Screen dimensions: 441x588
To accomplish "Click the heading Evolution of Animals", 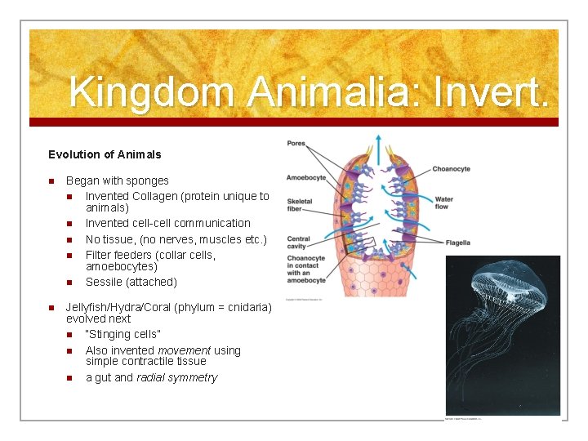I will point(105,154).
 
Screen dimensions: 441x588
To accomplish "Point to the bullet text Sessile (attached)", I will point(131,282).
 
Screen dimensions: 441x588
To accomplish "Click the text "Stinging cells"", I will point(123,334).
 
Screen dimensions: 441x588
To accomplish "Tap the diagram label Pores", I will point(296,144).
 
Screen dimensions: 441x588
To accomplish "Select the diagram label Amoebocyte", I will point(306,177).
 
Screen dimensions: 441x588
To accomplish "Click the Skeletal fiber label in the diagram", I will point(300,205).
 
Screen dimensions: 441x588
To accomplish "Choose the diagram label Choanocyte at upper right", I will point(451,169).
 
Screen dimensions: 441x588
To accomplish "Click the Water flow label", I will point(444,203).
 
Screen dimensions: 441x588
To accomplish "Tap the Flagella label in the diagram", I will point(458,243).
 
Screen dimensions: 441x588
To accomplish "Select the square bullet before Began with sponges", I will point(51,181).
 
